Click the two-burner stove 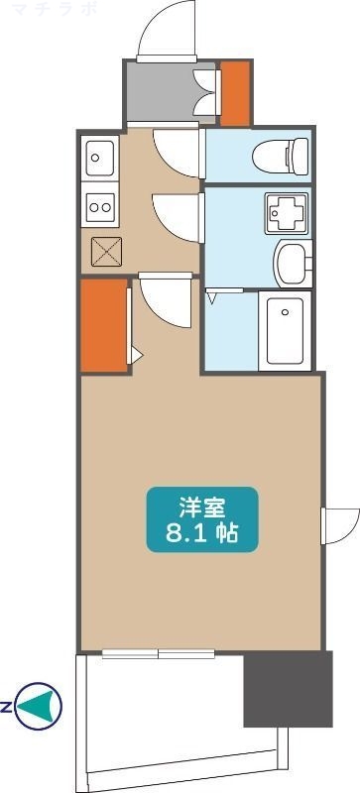(100, 206)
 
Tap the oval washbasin (292, 263)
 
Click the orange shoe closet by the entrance (235, 93)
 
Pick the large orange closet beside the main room (103, 324)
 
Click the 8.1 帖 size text (202, 534)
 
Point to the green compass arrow (41, 706)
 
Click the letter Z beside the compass (6, 707)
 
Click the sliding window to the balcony (159, 652)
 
